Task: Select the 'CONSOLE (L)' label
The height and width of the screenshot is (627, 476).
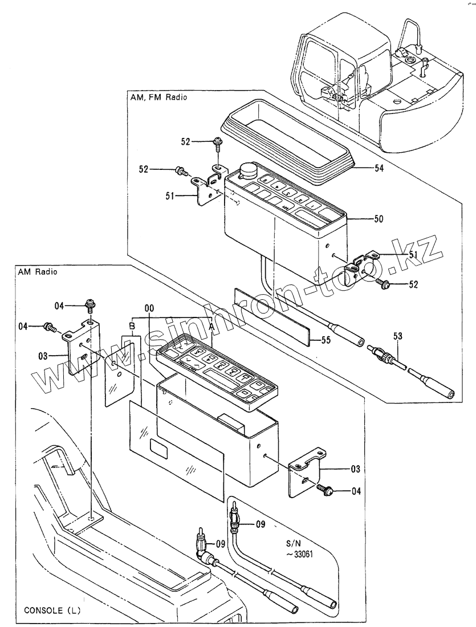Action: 52,610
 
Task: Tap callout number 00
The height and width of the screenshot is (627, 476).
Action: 149,308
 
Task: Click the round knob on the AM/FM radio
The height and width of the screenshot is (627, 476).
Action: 249,170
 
